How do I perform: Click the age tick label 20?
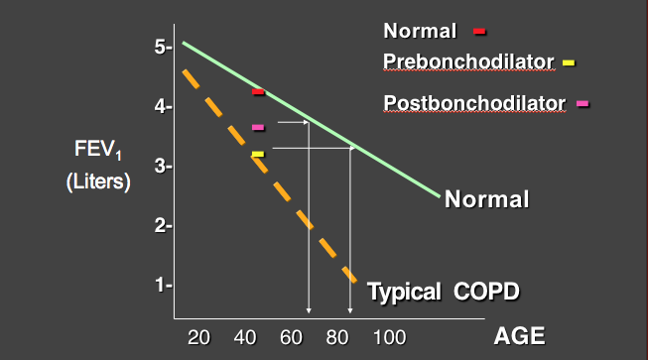(x=198, y=336)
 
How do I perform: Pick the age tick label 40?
(x=244, y=336)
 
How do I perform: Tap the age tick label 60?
(x=291, y=336)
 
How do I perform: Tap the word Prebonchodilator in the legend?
(x=467, y=62)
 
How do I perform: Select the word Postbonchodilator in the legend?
(x=473, y=101)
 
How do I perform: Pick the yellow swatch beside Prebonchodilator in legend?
(x=569, y=63)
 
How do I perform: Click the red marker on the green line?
(x=258, y=92)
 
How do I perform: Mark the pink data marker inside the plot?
(x=258, y=127)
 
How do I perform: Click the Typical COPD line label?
(x=444, y=293)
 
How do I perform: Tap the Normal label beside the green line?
(x=486, y=199)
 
